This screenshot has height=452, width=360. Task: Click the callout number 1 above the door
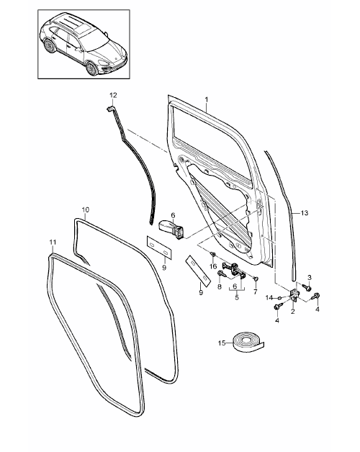pyautogui.click(x=207, y=99)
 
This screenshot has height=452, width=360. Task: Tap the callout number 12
pyautogui.click(x=113, y=95)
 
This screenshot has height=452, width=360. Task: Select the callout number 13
pyautogui.click(x=305, y=213)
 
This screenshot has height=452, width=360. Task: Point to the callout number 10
pyautogui.click(x=86, y=209)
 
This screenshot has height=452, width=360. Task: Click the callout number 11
pyautogui.click(x=53, y=243)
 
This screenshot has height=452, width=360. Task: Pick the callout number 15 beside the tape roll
pyautogui.click(x=222, y=343)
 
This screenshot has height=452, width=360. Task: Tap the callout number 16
pyautogui.click(x=213, y=266)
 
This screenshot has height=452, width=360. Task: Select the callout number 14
pyautogui.click(x=269, y=297)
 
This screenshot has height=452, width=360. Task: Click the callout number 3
pyautogui.click(x=310, y=277)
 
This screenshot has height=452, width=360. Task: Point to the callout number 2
pyautogui.click(x=293, y=312)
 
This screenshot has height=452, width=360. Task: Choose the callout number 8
pyautogui.click(x=220, y=286)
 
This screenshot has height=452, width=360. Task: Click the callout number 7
pyautogui.click(x=256, y=292)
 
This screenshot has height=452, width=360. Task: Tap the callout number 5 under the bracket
pyautogui.click(x=237, y=297)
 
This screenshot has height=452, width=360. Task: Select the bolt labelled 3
pyautogui.click(x=307, y=287)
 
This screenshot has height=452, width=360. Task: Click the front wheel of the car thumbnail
pyautogui.click(x=91, y=69)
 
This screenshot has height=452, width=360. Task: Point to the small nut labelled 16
pyautogui.click(x=213, y=254)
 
